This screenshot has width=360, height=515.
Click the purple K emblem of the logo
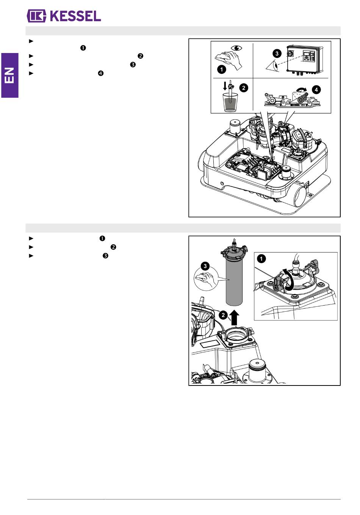37,16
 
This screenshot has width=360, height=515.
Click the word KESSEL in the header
75,16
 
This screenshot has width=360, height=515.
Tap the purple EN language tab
9,75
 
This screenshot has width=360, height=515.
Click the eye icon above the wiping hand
236,48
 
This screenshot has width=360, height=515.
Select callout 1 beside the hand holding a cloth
222,69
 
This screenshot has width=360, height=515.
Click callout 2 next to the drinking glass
244,88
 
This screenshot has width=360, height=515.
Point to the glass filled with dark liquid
230,102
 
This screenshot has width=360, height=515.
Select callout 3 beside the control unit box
277,53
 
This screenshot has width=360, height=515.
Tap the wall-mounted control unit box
305,59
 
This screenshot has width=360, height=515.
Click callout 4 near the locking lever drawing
316,90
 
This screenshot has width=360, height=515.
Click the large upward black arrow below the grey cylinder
235,317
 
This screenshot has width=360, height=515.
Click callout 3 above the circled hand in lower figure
205,266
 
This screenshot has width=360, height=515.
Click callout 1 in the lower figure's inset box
261,259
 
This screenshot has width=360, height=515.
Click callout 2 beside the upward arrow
223,315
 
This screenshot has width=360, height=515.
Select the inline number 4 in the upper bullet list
100,73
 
